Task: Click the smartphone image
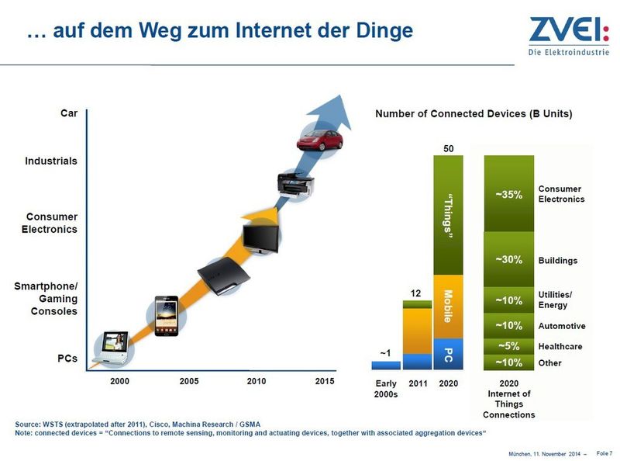pos(166,316)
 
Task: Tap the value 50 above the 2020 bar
pos(448,147)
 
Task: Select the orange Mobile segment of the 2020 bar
pos(448,307)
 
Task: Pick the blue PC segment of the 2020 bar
pos(448,354)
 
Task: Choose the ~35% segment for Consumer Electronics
pos(508,194)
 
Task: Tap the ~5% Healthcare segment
pos(508,346)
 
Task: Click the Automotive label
pos(562,326)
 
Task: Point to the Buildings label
pos(558,260)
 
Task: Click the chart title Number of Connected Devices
pos(474,114)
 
